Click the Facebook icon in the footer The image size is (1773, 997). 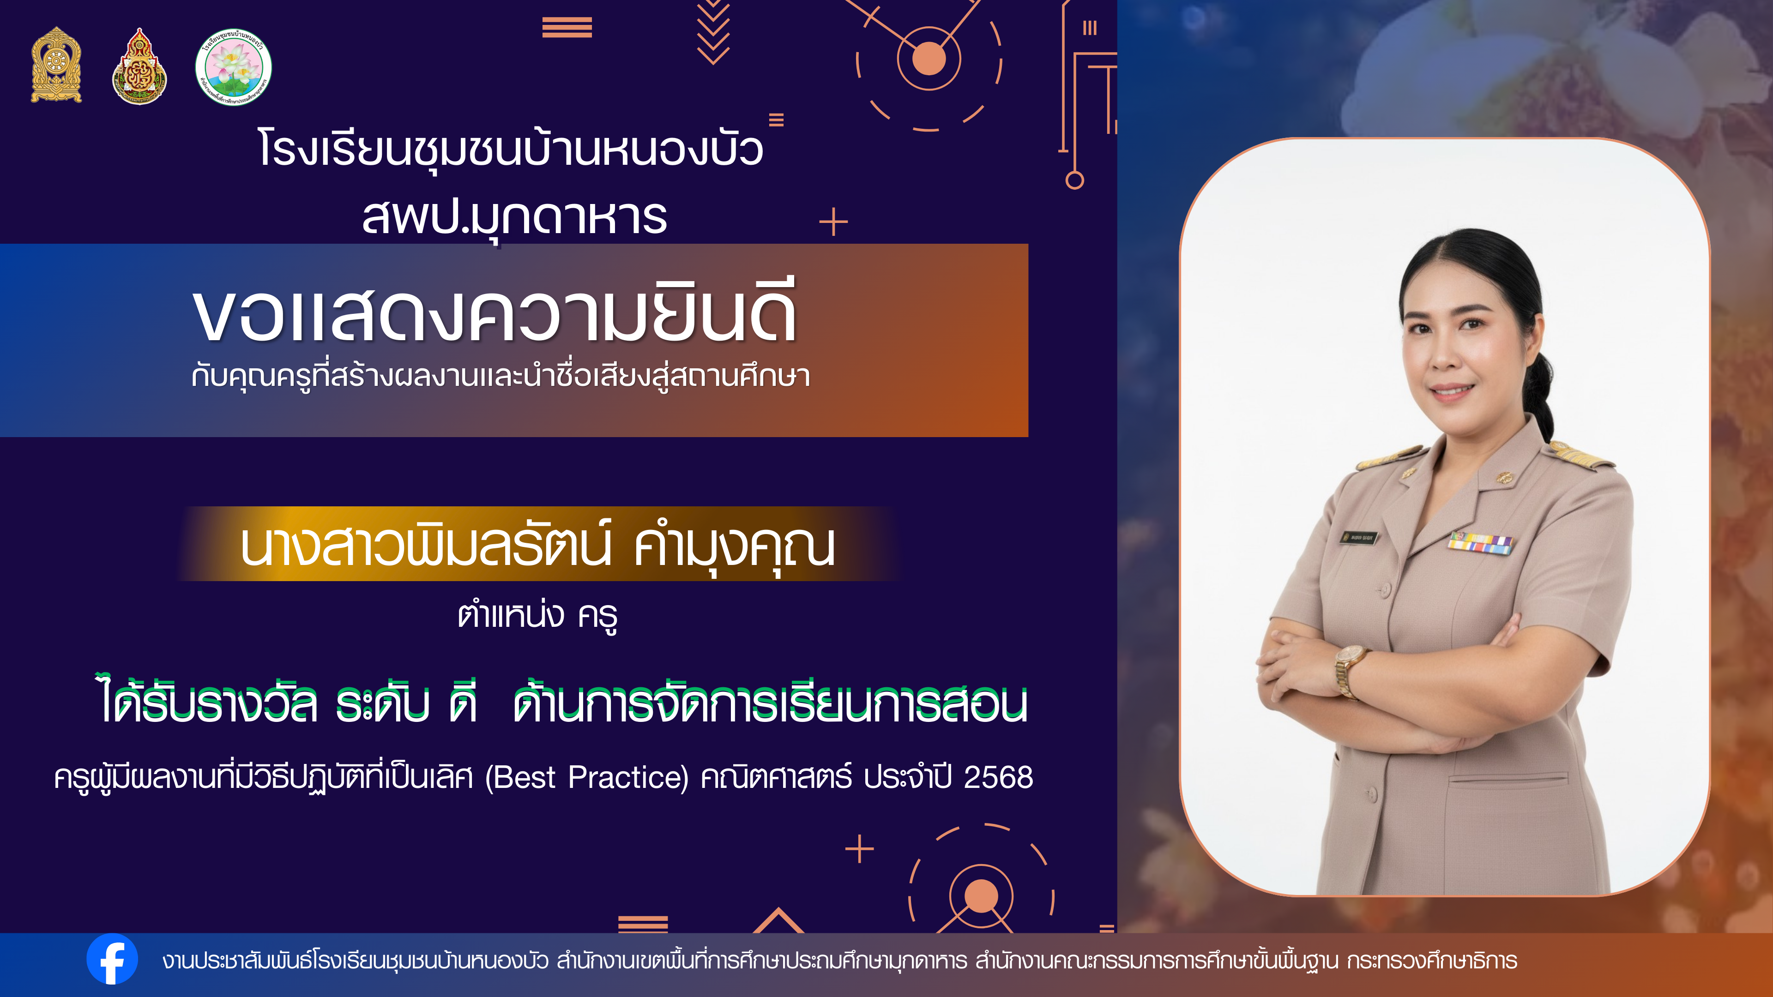coord(112,959)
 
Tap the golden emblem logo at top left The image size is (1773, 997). coord(56,66)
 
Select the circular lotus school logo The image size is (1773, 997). coord(233,67)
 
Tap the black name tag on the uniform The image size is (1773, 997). coord(1359,537)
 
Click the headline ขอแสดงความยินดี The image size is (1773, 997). coord(495,313)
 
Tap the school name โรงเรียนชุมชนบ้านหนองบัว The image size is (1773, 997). coord(511,148)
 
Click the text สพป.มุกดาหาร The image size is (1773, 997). coord(515,217)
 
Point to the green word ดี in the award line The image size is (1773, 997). coord(463,702)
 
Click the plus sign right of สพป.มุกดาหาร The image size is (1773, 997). coord(833,222)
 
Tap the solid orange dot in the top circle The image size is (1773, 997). coord(929,59)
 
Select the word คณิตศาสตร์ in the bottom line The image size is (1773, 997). coord(776,777)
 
